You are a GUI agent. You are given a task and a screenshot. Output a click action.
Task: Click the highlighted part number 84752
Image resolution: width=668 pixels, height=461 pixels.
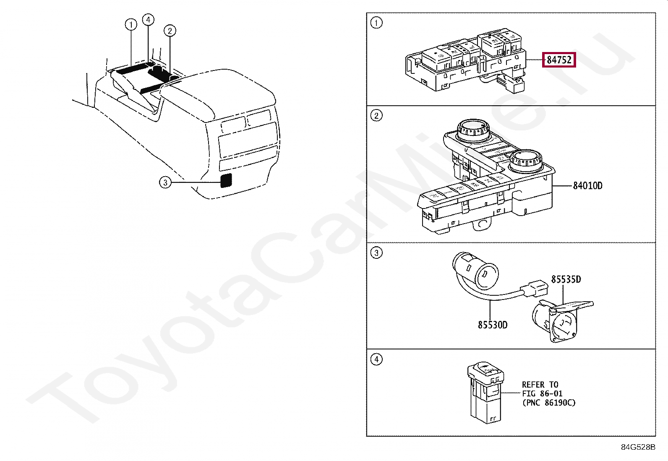coord(559,60)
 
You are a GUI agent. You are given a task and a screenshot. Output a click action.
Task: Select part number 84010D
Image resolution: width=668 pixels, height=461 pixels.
coord(587,186)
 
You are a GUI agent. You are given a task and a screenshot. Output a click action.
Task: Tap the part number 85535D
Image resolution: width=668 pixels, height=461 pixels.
coord(566,279)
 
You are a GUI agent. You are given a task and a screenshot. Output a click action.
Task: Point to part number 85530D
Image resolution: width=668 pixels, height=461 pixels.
coord(492,325)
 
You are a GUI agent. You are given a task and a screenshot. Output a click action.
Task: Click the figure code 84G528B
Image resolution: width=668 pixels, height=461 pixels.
coord(638,447)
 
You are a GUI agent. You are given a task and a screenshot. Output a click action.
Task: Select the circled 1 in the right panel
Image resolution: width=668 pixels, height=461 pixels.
coord(376,23)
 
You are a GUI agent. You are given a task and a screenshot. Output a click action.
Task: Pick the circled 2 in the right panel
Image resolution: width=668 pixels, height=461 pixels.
coord(376,115)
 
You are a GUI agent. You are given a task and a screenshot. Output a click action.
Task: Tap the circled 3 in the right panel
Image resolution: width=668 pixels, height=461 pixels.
coord(376,253)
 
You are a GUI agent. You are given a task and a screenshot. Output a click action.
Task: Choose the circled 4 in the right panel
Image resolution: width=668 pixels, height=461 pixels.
coord(376,359)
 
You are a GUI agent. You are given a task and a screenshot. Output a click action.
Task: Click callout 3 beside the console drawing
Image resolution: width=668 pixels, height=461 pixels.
coord(165,182)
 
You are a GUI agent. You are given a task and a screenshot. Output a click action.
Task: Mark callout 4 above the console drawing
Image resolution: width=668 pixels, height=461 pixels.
coord(148,20)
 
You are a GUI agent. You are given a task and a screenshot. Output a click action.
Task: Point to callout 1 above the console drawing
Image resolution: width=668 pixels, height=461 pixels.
coord(131,25)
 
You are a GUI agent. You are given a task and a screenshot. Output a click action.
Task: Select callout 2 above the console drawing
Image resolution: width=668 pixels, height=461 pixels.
coord(170,31)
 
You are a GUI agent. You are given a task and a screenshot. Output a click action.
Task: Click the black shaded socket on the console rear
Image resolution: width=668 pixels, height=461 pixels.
coord(226,180)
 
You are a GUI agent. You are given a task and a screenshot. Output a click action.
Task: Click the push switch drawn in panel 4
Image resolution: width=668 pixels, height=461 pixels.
coord(486,392)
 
